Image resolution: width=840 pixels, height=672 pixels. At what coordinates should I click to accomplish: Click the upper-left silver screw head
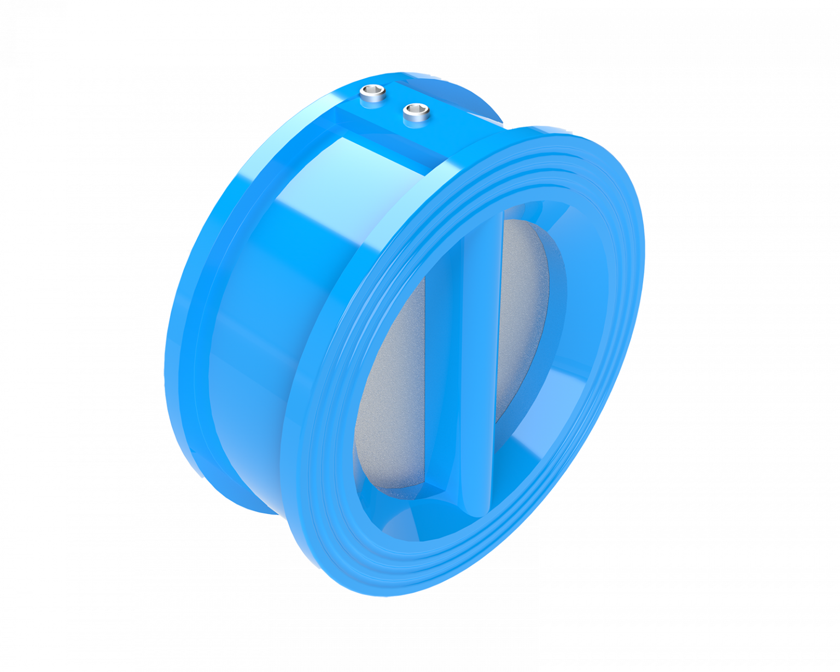click(372, 95)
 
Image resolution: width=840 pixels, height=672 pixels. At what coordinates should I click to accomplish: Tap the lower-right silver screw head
click(416, 113)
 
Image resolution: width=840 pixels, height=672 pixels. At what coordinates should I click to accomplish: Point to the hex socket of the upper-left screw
click(372, 91)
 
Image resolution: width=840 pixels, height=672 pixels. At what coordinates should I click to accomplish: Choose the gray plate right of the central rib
click(522, 317)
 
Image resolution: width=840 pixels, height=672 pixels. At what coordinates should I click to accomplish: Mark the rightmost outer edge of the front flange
click(643, 246)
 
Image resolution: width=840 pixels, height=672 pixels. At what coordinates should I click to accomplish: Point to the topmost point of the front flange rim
click(541, 129)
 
